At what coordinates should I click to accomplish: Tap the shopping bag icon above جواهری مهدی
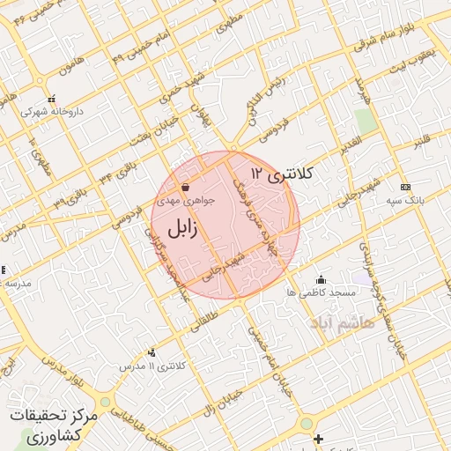[185, 188]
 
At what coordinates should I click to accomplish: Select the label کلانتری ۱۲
[281, 174]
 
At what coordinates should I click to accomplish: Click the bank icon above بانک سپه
[405, 187]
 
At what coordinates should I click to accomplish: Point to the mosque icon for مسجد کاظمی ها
[320, 279]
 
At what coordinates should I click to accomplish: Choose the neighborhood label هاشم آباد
[342, 323]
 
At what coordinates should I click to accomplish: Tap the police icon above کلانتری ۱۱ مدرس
[152, 352]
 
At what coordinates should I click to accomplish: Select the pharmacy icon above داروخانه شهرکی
[52, 100]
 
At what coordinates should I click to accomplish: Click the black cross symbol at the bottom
[318, 439]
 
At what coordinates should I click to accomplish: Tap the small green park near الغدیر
[366, 121]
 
